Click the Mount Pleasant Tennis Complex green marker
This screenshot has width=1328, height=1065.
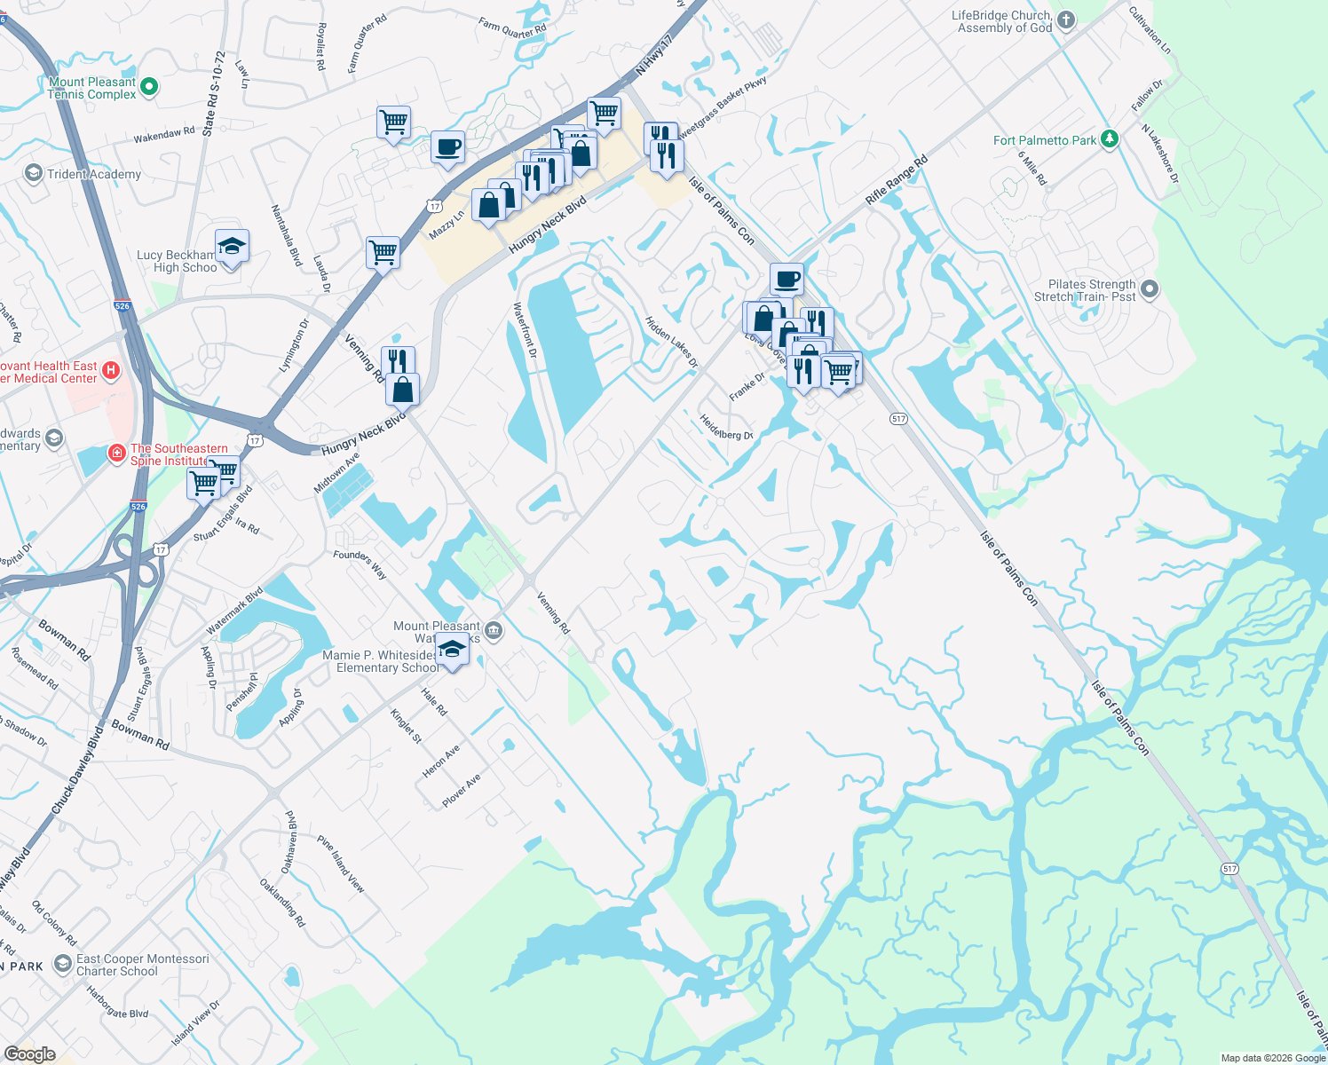149,87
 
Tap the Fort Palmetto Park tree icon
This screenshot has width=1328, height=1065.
1108,139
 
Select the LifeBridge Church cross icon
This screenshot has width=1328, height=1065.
1066,20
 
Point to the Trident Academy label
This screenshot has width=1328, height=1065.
93,174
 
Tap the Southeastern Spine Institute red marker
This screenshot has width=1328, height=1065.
116,454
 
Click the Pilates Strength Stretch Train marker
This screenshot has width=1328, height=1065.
1150,289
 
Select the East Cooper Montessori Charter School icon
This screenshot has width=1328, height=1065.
62,964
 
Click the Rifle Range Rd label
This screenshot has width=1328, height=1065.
897,181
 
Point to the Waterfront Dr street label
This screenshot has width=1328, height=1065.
526,330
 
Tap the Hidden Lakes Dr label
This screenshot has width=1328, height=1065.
671,343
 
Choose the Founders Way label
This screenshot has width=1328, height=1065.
360,564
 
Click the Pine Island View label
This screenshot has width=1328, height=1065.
341,864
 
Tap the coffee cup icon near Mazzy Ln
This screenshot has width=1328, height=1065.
448,147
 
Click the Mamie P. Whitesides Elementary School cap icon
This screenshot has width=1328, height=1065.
453,651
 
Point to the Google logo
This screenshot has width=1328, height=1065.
30,1054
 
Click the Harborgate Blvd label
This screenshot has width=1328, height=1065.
117,1003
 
